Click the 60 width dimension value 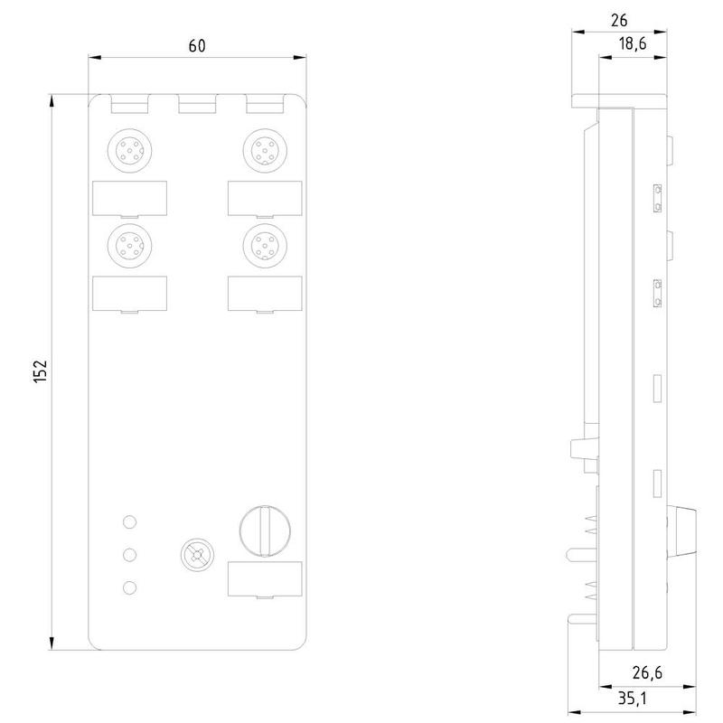[x=197, y=46]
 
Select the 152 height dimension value [x=41, y=371]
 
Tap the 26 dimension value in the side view [x=619, y=20]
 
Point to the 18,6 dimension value [x=632, y=43]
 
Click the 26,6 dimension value [x=647, y=672]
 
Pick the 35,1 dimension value [x=632, y=699]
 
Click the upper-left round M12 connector [x=130, y=151]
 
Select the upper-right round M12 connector [x=265, y=151]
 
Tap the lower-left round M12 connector [x=130, y=246]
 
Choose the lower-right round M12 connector [x=265, y=246]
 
